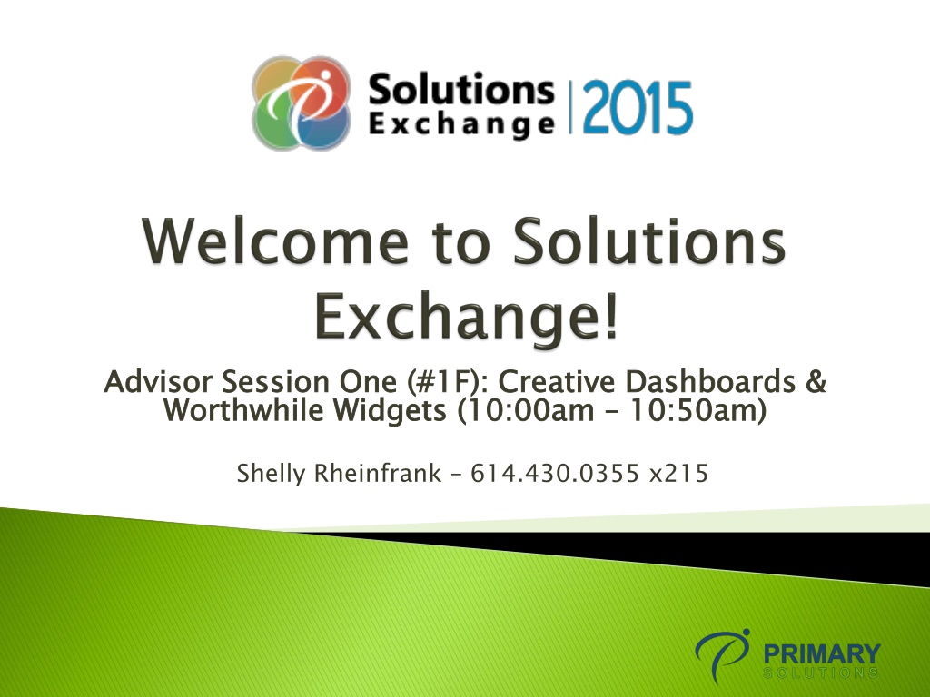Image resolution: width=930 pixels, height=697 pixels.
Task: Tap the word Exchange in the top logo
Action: [x=462, y=125]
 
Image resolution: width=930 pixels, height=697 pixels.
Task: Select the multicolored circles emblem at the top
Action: [x=302, y=103]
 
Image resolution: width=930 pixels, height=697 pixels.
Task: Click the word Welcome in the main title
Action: [x=275, y=241]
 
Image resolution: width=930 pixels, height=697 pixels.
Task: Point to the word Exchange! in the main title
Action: [x=467, y=316]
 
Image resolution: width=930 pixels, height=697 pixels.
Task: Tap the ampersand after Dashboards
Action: [x=816, y=381]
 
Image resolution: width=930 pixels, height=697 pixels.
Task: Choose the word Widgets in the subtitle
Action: [x=389, y=410]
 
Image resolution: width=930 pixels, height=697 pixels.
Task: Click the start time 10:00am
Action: [x=526, y=410]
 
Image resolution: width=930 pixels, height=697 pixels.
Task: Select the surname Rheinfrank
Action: [x=378, y=473]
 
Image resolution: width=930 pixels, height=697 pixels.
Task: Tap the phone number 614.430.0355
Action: [x=555, y=474]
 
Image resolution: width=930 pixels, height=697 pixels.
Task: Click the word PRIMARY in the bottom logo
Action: [x=821, y=654]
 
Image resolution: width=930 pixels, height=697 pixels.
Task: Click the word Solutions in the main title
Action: [x=649, y=241]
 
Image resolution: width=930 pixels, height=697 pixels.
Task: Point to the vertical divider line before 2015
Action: [x=570, y=108]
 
